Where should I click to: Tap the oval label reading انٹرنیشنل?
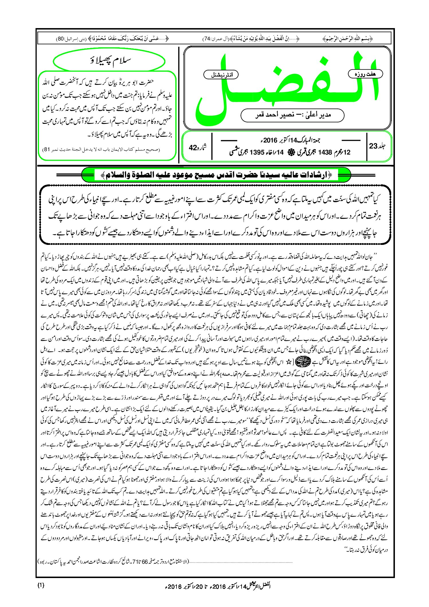221,75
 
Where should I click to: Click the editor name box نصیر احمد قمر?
292,115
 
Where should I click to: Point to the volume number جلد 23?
377,146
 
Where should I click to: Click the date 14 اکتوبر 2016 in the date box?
289,140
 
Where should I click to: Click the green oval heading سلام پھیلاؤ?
109,60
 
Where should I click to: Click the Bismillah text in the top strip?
348,38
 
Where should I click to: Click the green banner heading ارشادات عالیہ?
216,175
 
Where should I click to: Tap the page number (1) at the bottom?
41,585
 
